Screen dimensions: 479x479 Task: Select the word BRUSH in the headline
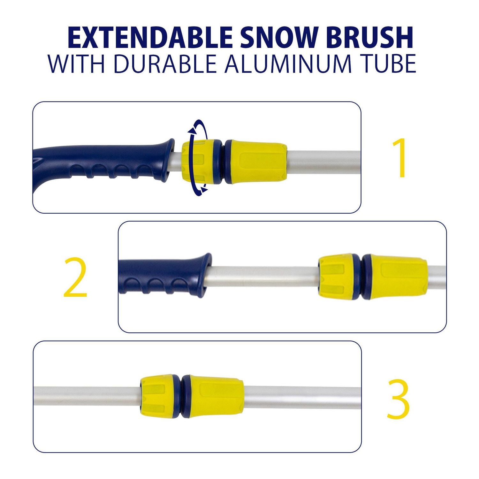[369, 38]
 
